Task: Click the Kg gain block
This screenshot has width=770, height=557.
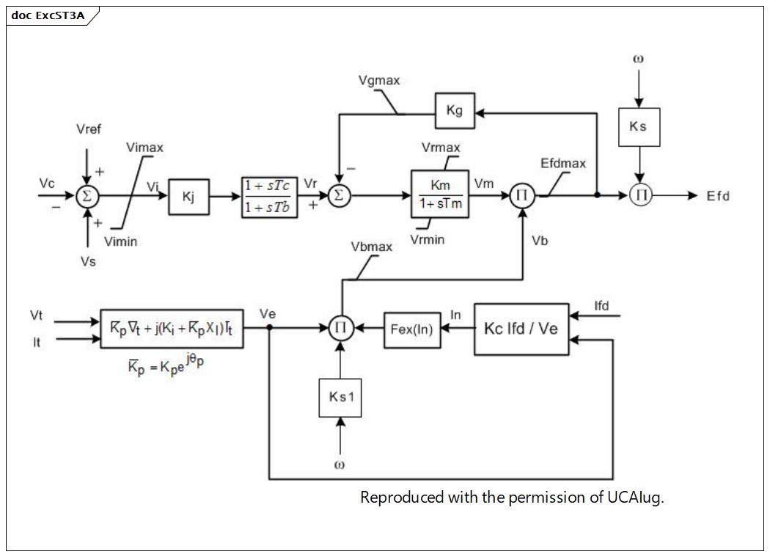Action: click(x=455, y=111)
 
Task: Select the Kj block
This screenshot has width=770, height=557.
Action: click(x=188, y=197)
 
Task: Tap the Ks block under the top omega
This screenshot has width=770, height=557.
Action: click(x=639, y=127)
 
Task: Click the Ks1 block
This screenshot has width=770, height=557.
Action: click(x=340, y=398)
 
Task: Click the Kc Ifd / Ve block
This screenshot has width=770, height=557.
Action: click(x=521, y=329)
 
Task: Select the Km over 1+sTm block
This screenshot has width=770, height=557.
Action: click(x=439, y=194)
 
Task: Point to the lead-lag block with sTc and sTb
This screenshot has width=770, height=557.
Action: click(x=269, y=197)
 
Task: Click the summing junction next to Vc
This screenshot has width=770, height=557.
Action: click(x=87, y=196)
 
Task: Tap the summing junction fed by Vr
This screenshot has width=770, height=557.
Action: click(x=339, y=196)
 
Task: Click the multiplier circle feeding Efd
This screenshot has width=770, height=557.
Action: click(x=641, y=195)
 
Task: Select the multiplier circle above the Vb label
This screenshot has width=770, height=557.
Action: click(x=521, y=196)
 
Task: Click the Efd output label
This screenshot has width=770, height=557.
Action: click(x=718, y=196)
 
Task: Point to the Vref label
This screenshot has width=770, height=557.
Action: click(x=89, y=129)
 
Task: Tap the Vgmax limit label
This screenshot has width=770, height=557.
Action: click(x=379, y=80)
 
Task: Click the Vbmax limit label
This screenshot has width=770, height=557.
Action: click(x=372, y=247)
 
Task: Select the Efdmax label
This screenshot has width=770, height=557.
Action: click(x=563, y=163)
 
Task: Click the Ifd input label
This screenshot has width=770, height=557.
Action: click(x=601, y=306)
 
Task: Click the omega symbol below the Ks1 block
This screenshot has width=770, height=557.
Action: click(x=340, y=465)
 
